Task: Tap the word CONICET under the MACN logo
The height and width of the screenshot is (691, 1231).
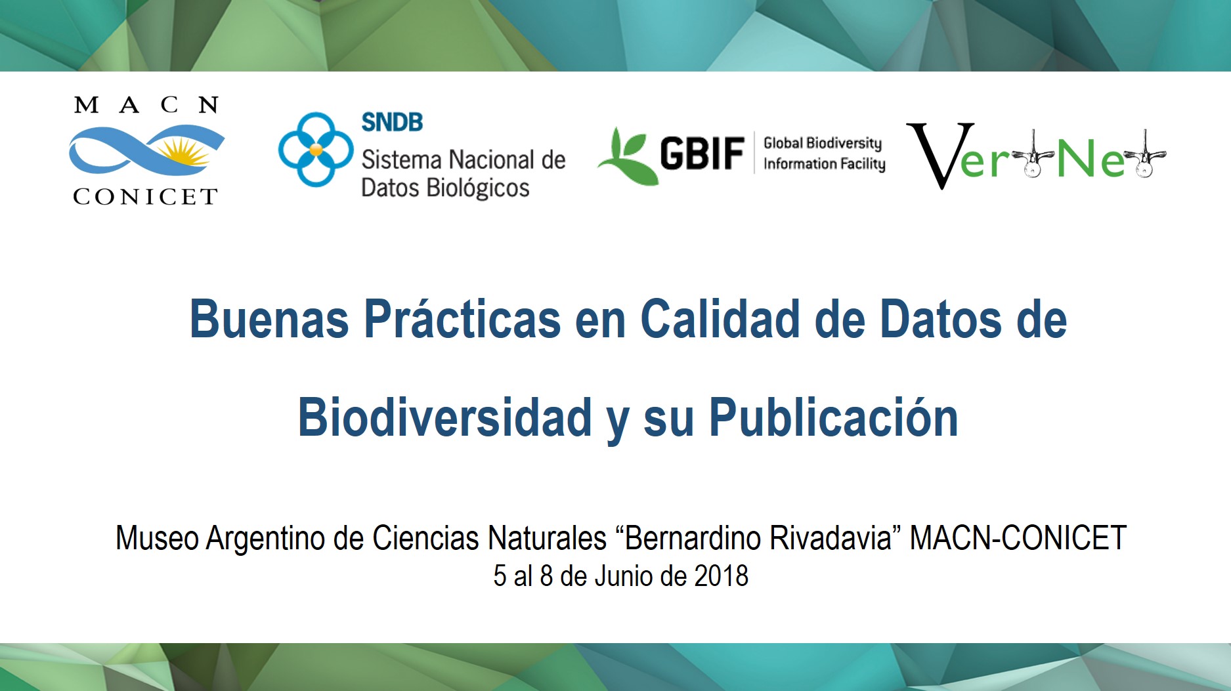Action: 145,197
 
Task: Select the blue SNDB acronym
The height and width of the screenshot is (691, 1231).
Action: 392,122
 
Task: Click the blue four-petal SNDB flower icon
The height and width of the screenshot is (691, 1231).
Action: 316,150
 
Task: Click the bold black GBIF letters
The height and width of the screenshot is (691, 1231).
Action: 702,154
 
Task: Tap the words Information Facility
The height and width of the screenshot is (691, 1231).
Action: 824,164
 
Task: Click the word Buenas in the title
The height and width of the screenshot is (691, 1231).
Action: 269,320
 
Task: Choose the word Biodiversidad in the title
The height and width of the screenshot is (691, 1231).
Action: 445,417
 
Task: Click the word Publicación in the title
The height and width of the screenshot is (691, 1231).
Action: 834,417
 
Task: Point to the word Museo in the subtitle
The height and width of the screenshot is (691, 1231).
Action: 157,538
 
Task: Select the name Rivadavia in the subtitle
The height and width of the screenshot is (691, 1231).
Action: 831,538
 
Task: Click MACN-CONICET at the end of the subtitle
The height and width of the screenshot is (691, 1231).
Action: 1018,538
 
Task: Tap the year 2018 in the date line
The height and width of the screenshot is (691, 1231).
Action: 722,576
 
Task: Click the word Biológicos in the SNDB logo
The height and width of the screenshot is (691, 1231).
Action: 478,188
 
